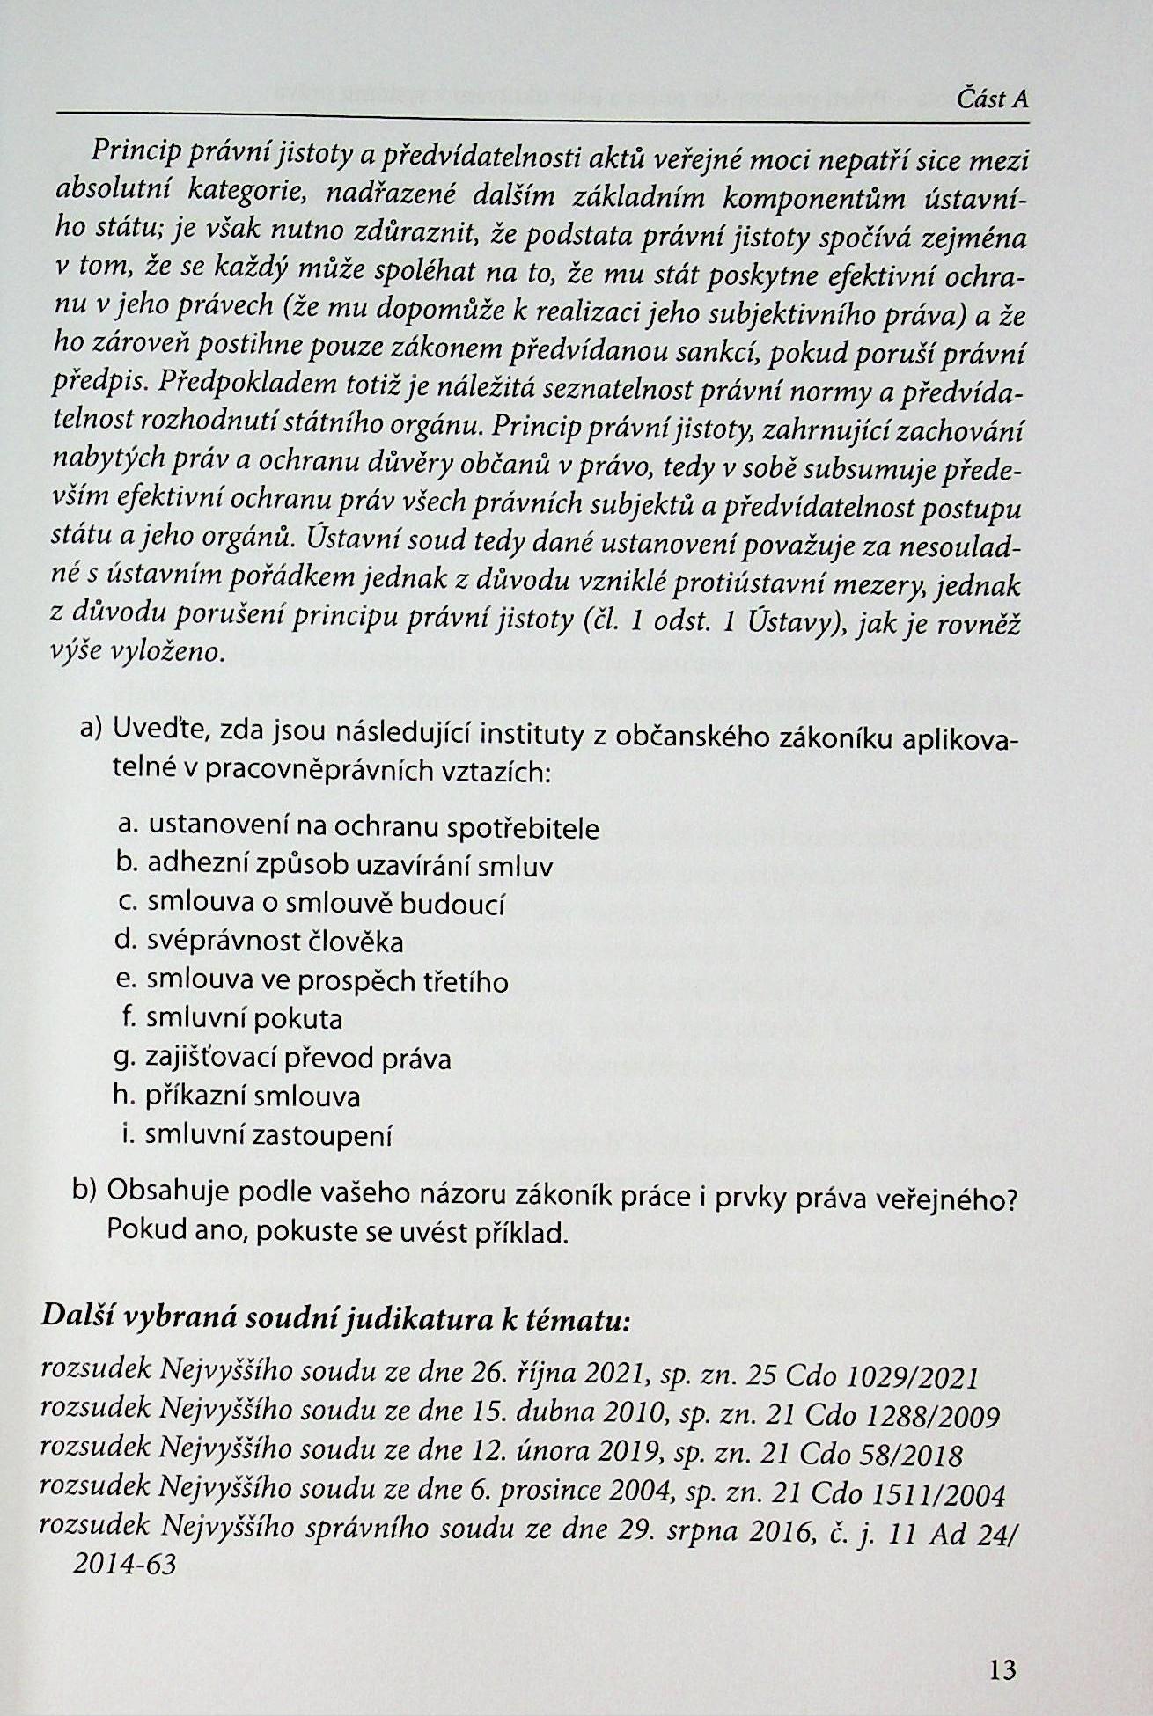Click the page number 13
[x=1002, y=1669]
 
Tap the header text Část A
[x=992, y=99]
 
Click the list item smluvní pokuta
[x=245, y=1019]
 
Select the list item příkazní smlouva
[x=253, y=1096]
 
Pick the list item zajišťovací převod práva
[x=298, y=1058]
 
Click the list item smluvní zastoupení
[x=268, y=1135]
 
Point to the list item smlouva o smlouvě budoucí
[x=326, y=904]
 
